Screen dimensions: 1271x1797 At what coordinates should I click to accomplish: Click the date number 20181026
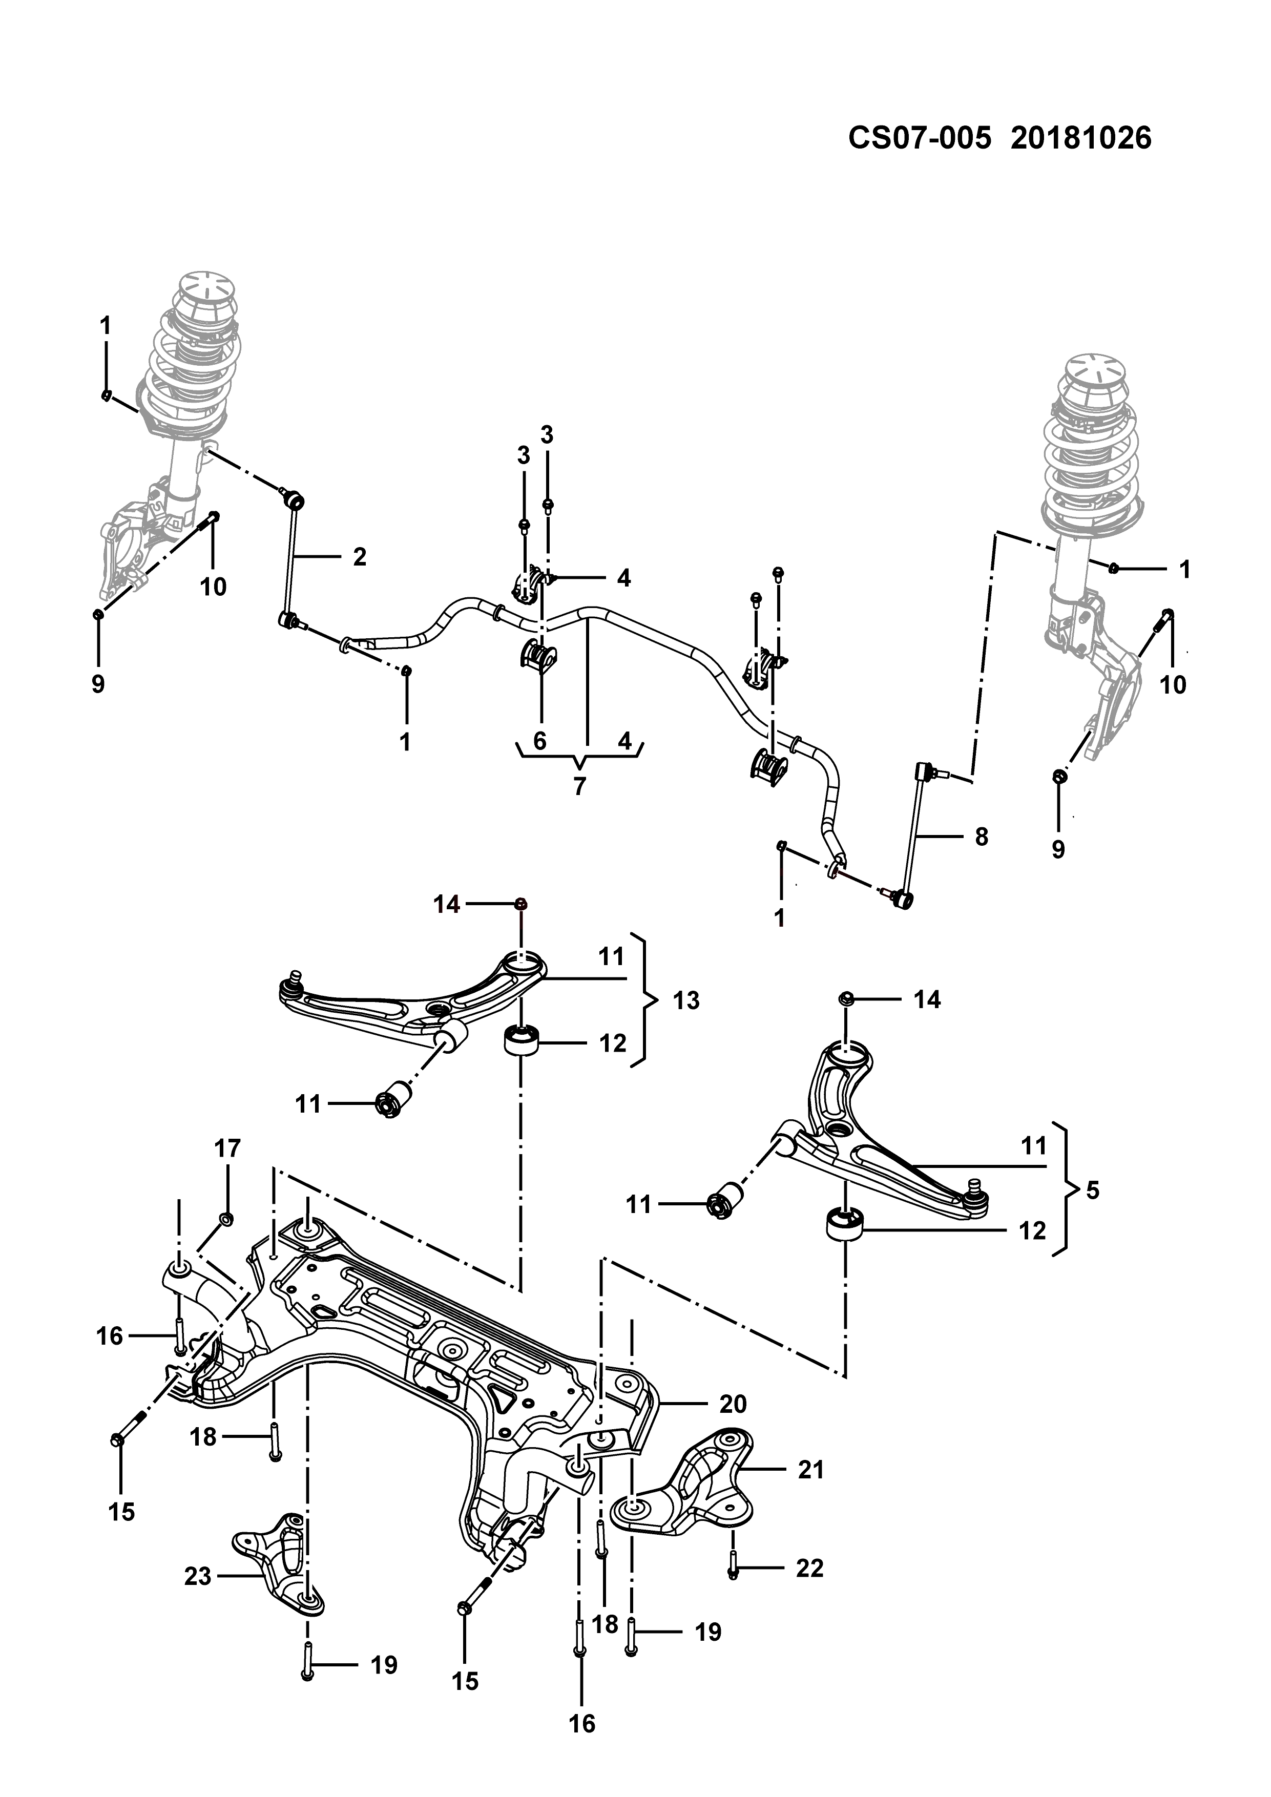tap(1081, 138)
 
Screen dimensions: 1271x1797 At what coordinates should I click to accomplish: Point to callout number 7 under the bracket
tap(579, 786)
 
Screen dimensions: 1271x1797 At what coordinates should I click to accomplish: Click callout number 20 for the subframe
tap(733, 1404)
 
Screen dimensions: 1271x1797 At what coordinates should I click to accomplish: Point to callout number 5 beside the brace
tap(1093, 1190)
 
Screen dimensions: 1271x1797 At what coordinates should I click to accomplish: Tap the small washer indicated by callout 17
tap(225, 1219)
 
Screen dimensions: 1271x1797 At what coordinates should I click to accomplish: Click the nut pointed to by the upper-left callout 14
tap(520, 904)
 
